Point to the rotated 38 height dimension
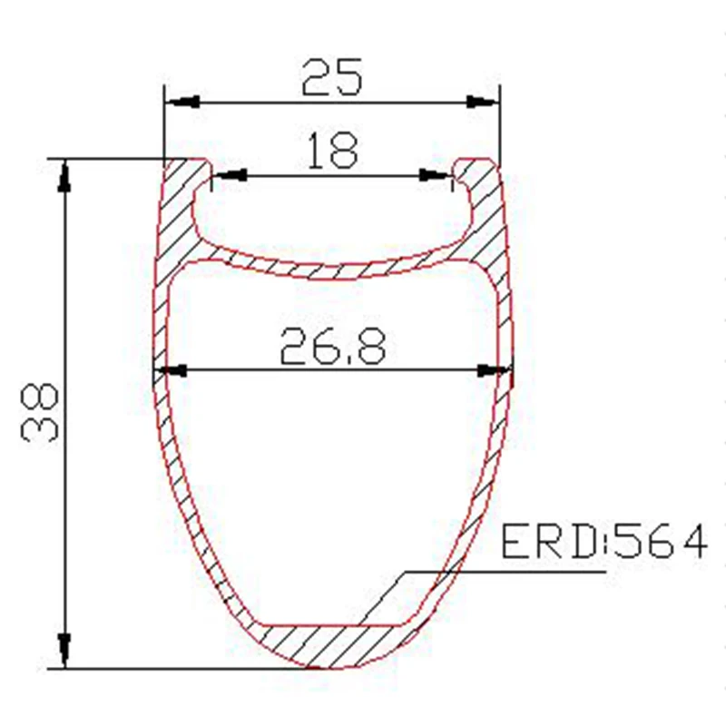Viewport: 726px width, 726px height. point(40,412)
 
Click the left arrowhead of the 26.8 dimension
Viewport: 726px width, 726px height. point(170,370)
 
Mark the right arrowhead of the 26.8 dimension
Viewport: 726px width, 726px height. point(495,370)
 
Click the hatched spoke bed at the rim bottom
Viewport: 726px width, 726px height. point(331,644)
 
